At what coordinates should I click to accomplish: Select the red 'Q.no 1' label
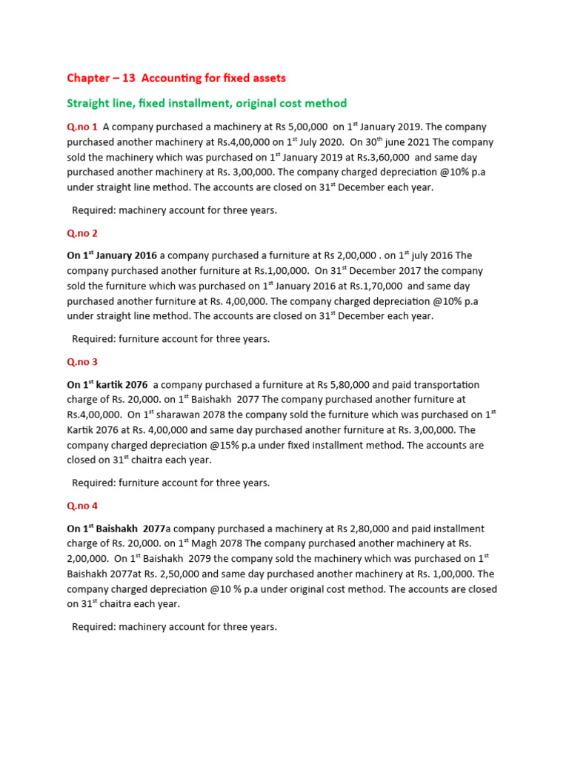82,127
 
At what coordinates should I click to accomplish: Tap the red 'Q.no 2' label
82,233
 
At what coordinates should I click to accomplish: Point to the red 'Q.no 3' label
82,362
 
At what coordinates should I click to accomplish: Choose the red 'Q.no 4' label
82,506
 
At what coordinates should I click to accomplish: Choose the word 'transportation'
445,385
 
